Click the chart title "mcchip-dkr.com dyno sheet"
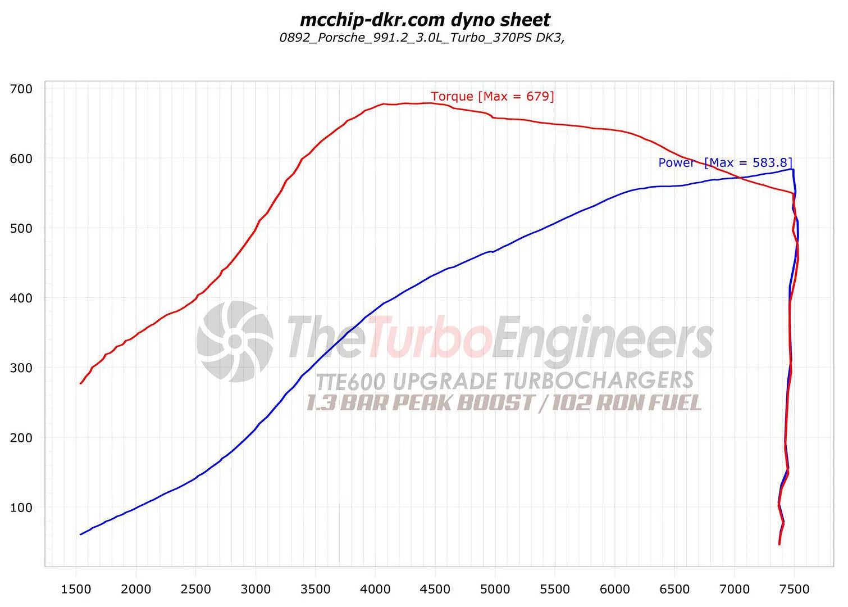pyautogui.click(x=425, y=20)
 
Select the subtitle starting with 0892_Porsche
pyautogui.click(x=422, y=38)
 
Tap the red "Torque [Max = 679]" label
pyautogui.click(x=492, y=96)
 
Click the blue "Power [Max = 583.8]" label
pyautogui.click(x=725, y=162)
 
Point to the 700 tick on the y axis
pyautogui.click(x=21, y=89)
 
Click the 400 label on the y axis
pyautogui.click(x=21, y=298)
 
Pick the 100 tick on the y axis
pyautogui.click(x=21, y=508)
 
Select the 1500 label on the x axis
pyautogui.click(x=76, y=589)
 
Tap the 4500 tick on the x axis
pyautogui.click(x=435, y=589)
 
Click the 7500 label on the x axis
pyautogui.click(x=794, y=589)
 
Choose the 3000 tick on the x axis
pyautogui.click(x=256, y=589)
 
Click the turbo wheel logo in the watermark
pyautogui.click(x=235, y=341)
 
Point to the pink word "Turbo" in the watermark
pyautogui.click(x=430, y=337)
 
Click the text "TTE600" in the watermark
pyautogui.click(x=350, y=382)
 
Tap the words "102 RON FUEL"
pyautogui.click(x=626, y=403)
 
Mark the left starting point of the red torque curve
pyautogui.click(x=81, y=383)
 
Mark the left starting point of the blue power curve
pyautogui.click(x=81, y=534)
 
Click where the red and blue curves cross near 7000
pyautogui.click(x=740, y=178)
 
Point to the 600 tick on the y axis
pyautogui.click(x=21, y=158)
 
